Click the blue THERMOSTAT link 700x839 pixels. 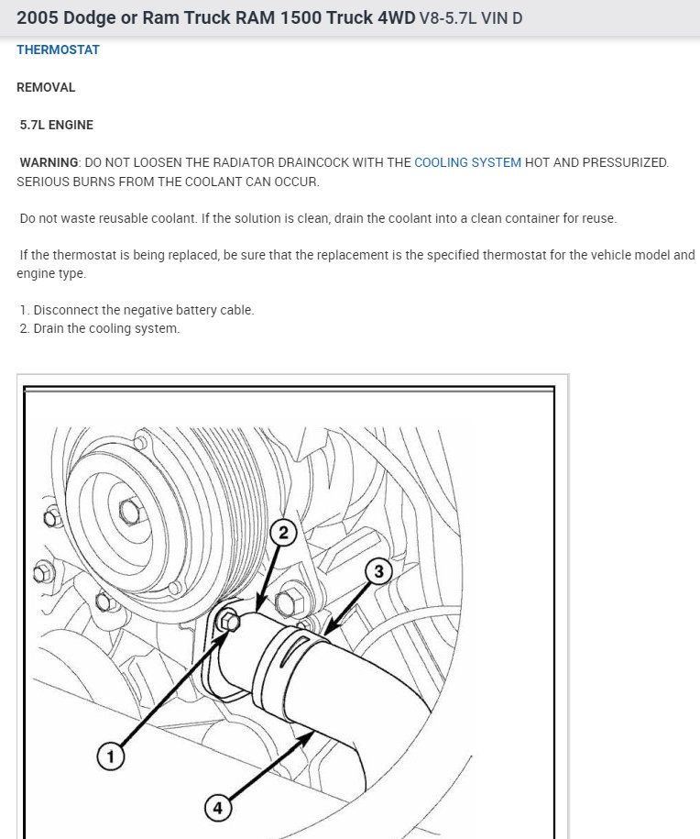point(58,50)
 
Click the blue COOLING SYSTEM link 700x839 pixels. point(467,162)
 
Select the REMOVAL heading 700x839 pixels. point(46,87)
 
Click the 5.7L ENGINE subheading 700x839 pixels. point(57,125)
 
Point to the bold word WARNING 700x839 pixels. point(49,162)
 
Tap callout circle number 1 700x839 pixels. point(111,756)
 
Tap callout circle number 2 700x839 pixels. point(283,533)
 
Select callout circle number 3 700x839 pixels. point(379,571)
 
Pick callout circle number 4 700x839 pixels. point(217,808)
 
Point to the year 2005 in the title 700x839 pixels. point(38,18)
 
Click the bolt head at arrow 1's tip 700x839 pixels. point(229,623)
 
